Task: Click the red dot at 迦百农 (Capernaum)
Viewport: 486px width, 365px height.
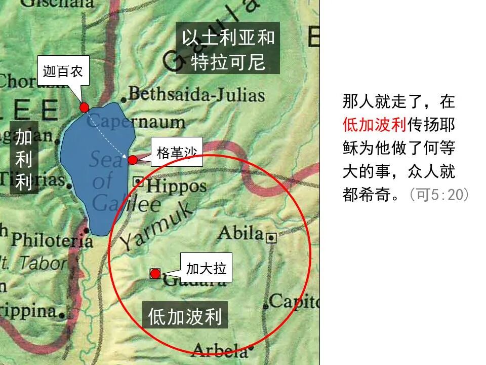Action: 84,107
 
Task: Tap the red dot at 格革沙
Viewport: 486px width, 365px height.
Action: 133,160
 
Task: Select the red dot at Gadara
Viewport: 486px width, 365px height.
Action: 155,274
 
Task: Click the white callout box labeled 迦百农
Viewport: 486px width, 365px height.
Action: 63,71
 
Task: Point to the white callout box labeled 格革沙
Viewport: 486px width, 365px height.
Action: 177,152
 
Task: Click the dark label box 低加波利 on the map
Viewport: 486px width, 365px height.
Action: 185,316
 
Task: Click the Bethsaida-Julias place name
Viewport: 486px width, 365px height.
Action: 196,95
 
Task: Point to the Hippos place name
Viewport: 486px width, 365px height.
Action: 177,186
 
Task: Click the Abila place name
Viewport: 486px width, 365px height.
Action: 240,233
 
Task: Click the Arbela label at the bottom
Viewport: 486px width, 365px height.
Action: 220,350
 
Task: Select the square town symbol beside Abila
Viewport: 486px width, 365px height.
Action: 272,237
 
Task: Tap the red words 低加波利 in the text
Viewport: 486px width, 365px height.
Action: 375,125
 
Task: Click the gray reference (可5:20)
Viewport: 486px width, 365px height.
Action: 439,195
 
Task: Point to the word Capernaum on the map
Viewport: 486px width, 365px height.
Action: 139,122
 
